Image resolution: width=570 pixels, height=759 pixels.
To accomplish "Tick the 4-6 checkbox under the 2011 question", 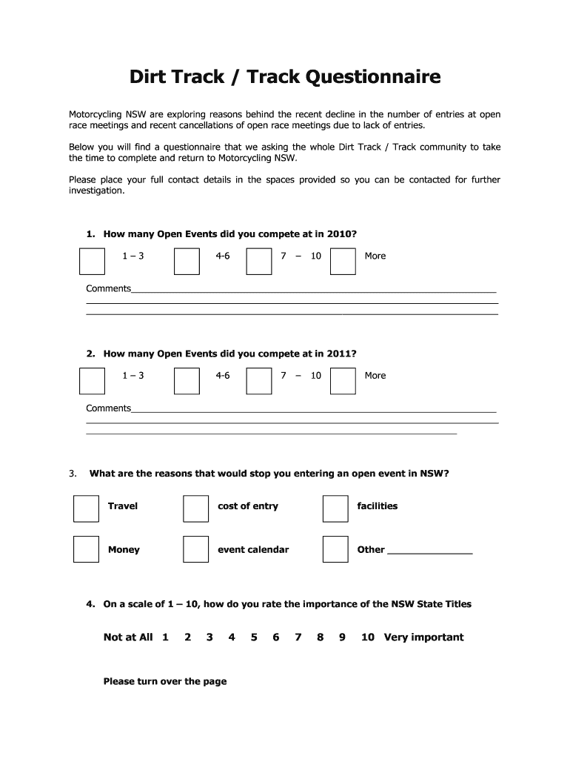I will click(x=187, y=381).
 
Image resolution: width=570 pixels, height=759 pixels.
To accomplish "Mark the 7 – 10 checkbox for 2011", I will click(x=259, y=381).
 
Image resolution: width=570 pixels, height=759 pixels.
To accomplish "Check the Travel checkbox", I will click(x=86, y=508).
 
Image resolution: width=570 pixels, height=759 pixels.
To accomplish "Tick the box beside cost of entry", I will click(x=195, y=508).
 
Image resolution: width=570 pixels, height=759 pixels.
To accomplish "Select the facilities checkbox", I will click(x=335, y=508).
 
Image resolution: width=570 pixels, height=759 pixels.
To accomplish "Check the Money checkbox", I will click(x=86, y=549).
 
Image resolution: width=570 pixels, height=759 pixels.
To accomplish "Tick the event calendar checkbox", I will click(x=195, y=549).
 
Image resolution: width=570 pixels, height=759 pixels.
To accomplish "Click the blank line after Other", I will click(x=429, y=551).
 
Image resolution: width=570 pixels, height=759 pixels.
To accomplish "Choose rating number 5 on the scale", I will click(x=254, y=637).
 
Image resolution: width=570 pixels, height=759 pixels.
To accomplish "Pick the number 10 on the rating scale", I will click(x=368, y=637).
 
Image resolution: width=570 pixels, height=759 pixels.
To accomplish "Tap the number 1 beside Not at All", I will click(x=165, y=637).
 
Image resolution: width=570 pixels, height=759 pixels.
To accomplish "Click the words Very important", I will click(x=423, y=637).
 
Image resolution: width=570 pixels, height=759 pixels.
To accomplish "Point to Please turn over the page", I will click(x=165, y=682).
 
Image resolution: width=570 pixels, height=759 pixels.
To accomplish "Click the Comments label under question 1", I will click(x=108, y=288).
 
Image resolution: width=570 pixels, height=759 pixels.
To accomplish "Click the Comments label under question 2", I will click(x=108, y=408).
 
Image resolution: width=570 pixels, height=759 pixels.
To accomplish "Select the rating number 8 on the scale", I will click(x=321, y=637).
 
